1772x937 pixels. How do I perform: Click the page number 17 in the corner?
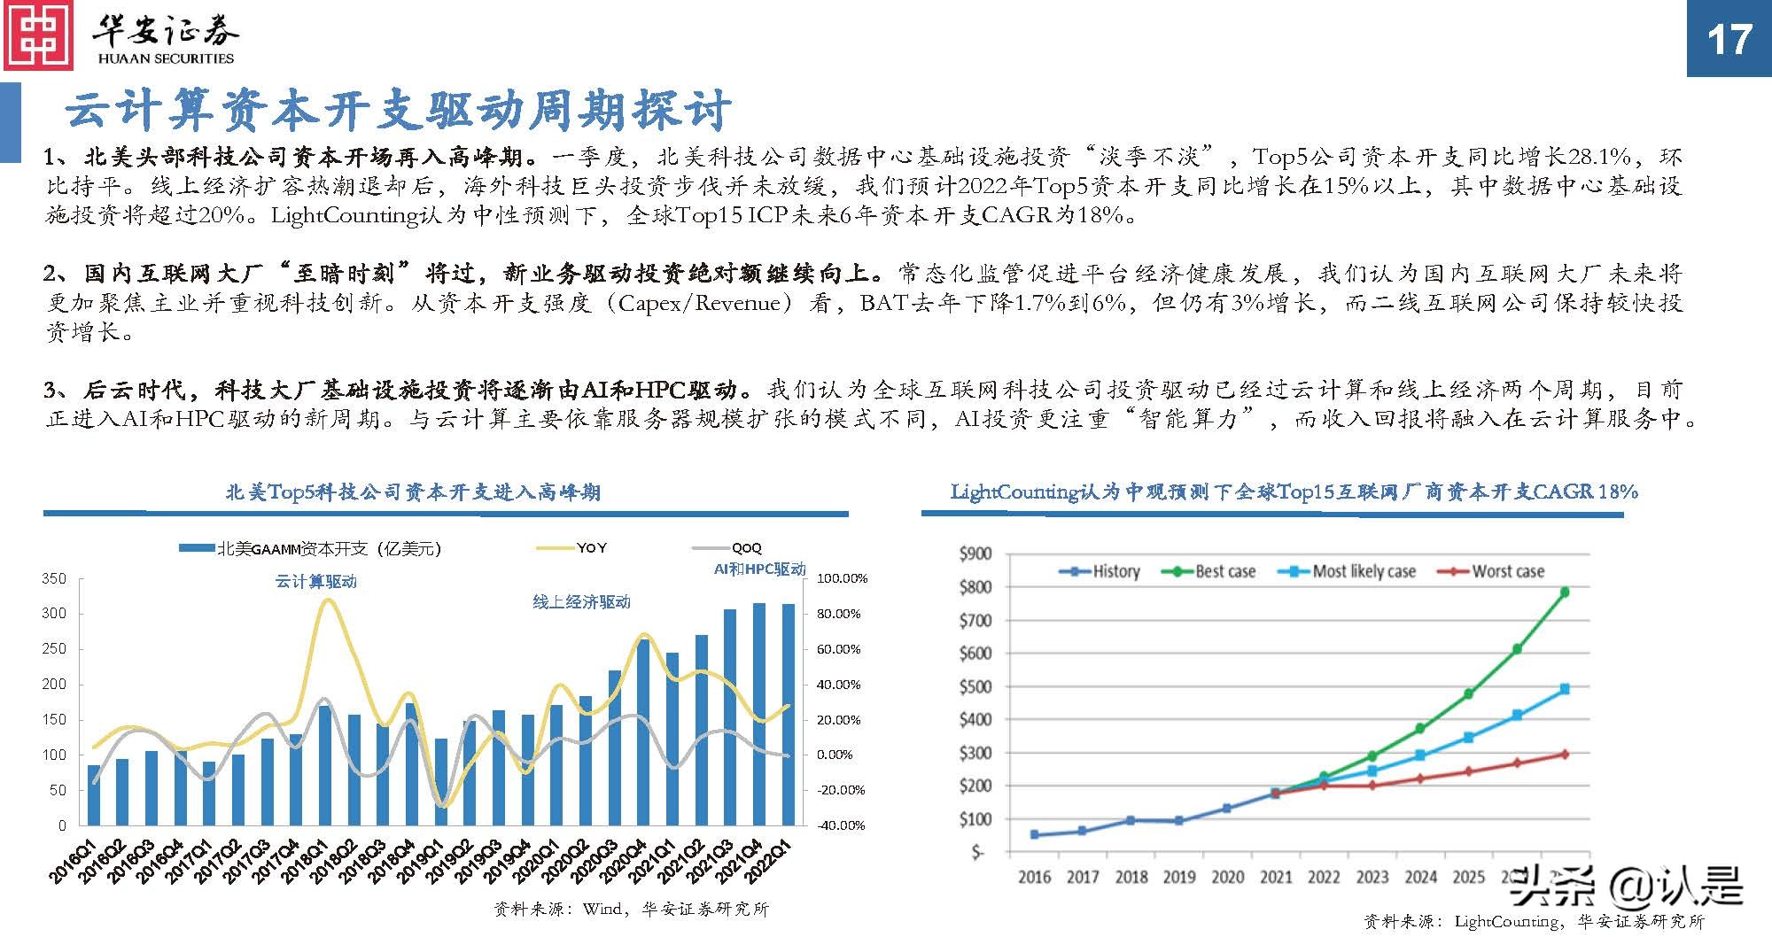point(1729,40)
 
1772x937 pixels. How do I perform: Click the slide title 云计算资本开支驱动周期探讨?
point(399,111)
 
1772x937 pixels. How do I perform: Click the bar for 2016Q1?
point(94,794)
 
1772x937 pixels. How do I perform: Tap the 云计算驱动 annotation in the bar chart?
point(316,582)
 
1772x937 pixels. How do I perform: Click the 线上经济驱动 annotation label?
point(581,602)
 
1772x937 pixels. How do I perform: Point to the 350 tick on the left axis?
point(54,579)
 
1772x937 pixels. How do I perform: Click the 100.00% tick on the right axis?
point(841,578)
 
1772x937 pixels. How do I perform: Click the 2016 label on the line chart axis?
point(1034,877)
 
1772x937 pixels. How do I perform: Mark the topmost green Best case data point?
point(1565,592)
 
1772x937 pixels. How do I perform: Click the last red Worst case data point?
point(1565,755)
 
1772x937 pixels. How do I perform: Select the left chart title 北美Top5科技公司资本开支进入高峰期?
point(413,492)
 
